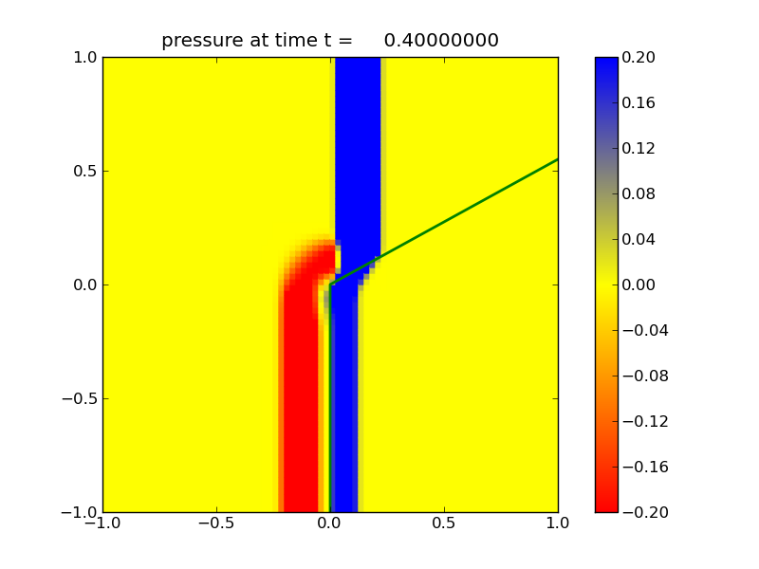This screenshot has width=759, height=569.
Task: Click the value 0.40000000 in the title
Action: pyautogui.click(x=441, y=41)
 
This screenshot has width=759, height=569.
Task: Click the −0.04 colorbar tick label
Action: pyautogui.click(x=644, y=331)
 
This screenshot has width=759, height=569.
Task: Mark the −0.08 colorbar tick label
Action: pyautogui.click(x=644, y=376)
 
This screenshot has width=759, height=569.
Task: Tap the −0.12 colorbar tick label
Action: pyautogui.click(x=644, y=422)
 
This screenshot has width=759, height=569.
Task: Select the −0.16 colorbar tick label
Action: pyautogui.click(x=644, y=468)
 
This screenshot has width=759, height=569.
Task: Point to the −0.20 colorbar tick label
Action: pyautogui.click(x=644, y=513)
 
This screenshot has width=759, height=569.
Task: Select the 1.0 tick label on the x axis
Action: pyautogui.click(x=557, y=523)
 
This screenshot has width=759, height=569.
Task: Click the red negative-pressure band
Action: pyautogui.click(x=302, y=398)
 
